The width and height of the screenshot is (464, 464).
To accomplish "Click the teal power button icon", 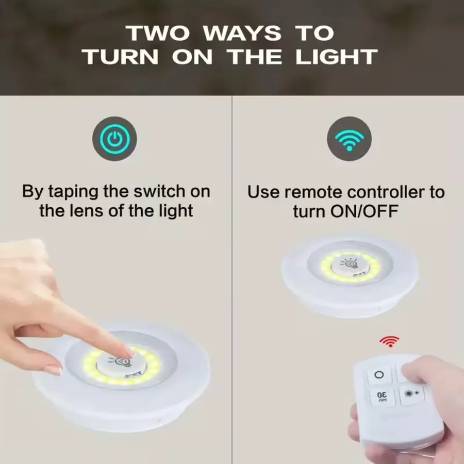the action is pyautogui.click(x=114, y=139).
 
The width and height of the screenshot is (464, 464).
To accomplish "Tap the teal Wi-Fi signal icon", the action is pyautogui.click(x=349, y=140).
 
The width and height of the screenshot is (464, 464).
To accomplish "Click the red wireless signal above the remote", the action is pyautogui.click(x=389, y=341).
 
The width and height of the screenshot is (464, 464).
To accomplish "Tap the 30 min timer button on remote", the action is pyautogui.click(x=382, y=396).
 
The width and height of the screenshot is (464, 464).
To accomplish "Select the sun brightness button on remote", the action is pyautogui.click(x=411, y=393).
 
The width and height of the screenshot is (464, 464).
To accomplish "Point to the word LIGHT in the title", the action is pyautogui.click(x=337, y=57).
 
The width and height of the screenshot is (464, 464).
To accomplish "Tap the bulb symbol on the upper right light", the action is pyautogui.click(x=349, y=263).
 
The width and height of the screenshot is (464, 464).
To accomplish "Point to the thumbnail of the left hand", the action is pyautogui.click(x=53, y=370).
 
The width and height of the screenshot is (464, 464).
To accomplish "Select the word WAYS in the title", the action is pyautogui.click(x=242, y=33).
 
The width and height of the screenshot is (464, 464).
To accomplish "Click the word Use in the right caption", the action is pyautogui.click(x=263, y=192).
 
